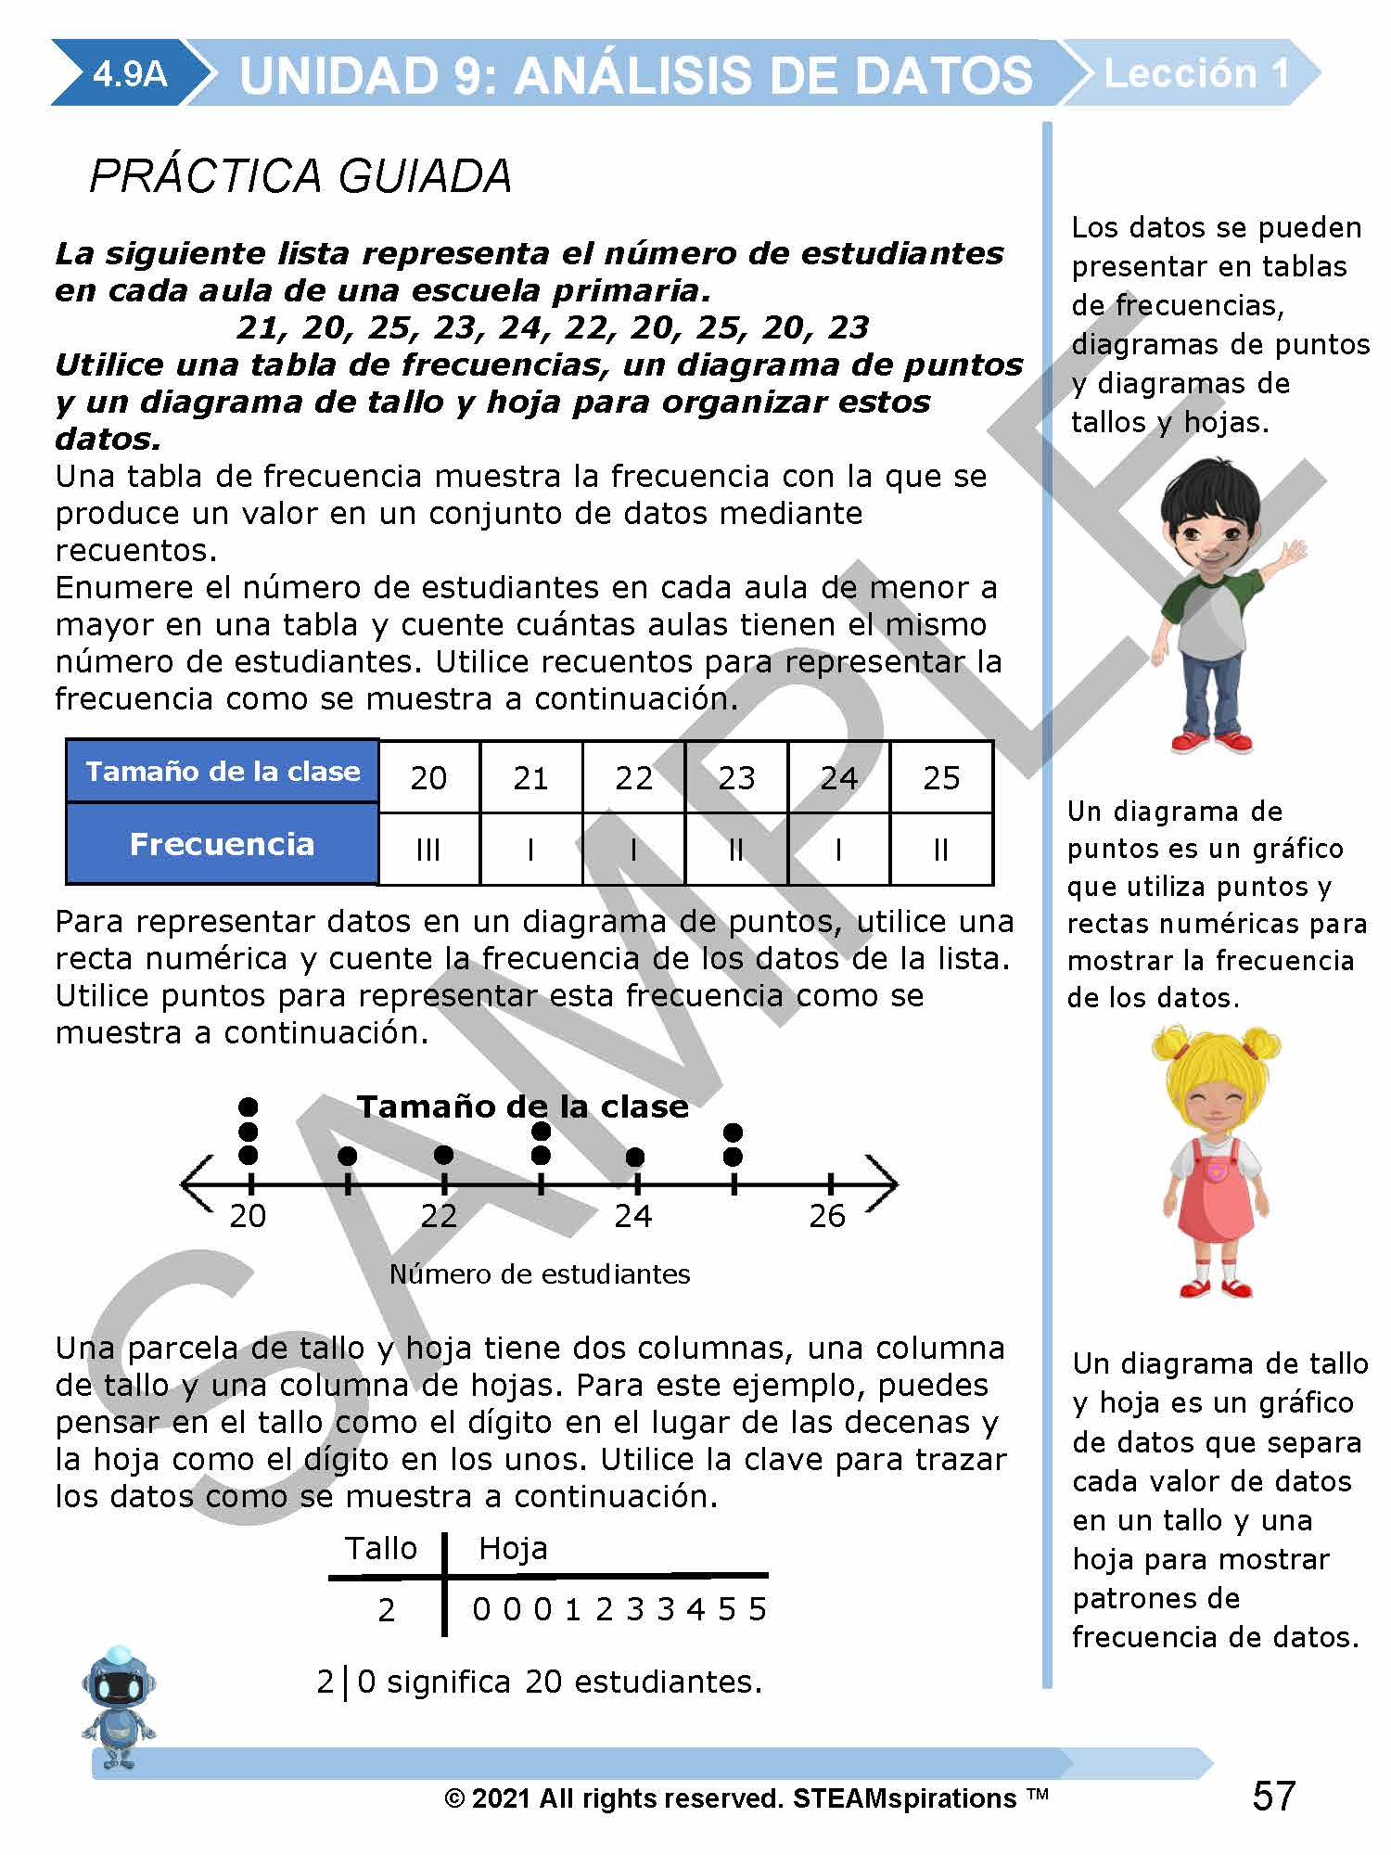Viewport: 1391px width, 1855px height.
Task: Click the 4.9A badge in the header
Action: pos(130,73)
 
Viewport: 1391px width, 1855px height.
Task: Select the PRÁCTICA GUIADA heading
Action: pos(300,176)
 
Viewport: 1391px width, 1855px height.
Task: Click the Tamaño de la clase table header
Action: pos(223,771)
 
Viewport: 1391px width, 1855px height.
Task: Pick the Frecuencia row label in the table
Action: pos(223,844)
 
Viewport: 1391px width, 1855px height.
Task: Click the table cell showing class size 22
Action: pos(633,777)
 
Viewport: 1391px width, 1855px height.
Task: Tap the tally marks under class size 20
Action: pos(428,850)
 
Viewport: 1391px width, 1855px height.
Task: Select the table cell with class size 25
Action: pos(941,777)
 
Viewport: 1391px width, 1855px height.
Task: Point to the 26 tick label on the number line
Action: pos(827,1216)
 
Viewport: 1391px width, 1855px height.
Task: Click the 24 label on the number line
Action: pos(633,1216)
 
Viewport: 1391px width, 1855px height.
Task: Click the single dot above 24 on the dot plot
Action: pos(635,1157)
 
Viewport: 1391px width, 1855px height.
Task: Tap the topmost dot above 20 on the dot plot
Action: pos(249,1107)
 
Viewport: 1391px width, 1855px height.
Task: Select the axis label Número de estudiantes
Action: pos(540,1274)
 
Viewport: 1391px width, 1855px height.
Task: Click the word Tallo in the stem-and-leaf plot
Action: pos(381,1548)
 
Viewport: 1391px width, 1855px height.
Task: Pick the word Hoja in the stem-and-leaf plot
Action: pos(513,1548)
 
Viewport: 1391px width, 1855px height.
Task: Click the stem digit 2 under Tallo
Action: pos(387,1609)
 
